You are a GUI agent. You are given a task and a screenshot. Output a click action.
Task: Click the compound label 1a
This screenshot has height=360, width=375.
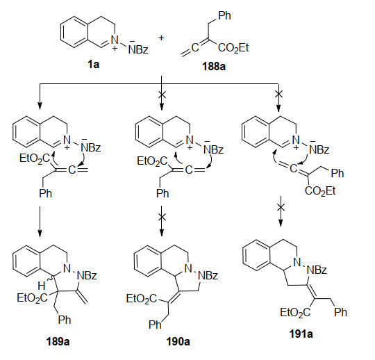93,64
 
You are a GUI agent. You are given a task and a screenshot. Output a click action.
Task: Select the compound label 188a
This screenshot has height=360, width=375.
214,66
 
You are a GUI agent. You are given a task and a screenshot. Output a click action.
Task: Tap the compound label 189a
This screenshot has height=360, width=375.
58,341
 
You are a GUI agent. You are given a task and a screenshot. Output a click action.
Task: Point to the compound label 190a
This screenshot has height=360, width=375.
178,341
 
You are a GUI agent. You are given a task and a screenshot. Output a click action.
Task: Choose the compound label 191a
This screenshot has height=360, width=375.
301,334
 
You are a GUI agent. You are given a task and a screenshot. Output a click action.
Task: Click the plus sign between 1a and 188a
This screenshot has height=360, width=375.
161,38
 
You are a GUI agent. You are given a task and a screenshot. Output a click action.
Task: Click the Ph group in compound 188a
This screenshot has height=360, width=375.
224,15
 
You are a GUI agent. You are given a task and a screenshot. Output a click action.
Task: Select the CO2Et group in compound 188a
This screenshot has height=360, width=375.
233,48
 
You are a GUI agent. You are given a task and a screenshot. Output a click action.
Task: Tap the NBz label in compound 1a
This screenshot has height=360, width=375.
138,49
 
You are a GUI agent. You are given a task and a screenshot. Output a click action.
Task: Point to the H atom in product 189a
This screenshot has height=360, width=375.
42,286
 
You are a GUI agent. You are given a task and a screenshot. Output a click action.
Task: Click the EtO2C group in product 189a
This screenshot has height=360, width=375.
32,298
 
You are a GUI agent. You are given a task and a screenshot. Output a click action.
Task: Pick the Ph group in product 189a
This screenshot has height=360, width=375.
65,319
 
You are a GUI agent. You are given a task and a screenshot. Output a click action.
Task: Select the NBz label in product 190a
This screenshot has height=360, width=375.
208,275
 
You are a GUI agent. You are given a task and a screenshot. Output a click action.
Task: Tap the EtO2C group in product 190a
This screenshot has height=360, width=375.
142,299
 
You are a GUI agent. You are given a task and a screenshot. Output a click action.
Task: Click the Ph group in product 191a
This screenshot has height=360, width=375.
340,312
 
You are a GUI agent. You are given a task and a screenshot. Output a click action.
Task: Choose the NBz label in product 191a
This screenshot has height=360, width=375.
317,270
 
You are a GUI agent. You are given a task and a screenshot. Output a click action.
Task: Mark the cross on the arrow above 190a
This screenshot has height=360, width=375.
162,217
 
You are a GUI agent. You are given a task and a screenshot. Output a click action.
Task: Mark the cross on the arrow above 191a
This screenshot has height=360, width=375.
281,208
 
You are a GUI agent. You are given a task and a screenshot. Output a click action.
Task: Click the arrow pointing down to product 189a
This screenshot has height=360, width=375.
40,222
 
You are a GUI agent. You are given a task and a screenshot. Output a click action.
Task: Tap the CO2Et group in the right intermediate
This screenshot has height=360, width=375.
320,191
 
